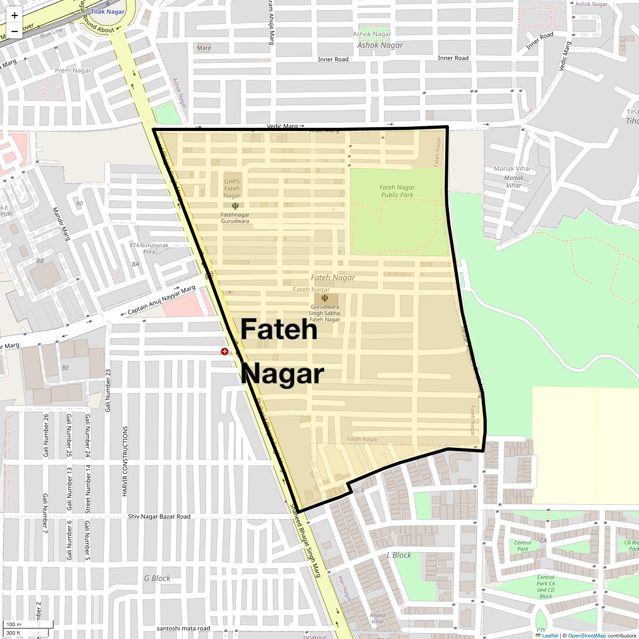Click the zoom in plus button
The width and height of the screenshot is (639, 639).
pos(14,15)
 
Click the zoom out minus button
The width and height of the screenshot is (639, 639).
pos(14,31)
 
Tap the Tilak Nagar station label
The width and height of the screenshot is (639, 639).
pos(108,11)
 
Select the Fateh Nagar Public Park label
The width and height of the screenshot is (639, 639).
pos(397,191)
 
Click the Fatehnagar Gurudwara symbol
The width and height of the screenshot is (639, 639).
pos(235,206)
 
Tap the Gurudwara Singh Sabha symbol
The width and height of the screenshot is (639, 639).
pos(325,298)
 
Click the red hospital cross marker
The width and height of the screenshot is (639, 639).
pos(225,351)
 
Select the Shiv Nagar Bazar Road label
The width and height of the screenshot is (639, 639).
pos(159,517)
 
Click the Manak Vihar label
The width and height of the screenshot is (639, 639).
pos(512,169)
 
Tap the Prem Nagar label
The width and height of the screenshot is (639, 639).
pos(73,70)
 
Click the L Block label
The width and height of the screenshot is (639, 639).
pos(399,555)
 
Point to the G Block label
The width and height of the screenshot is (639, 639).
pos(157,578)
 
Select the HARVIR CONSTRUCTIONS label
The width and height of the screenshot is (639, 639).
pos(125,461)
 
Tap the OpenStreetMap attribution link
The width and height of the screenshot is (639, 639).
pos(586,635)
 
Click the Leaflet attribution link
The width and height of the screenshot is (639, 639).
pos(550,635)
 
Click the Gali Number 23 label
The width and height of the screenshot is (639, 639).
pos(108,390)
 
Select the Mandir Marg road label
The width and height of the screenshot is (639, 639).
pos(62,224)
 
